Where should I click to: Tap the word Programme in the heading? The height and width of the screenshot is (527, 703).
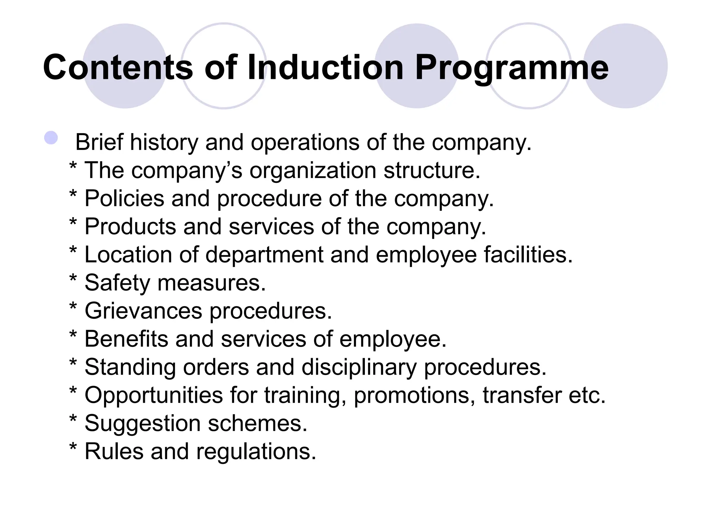pyautogui.click(x=511, y=68)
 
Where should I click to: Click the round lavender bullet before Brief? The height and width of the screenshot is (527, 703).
pyautogui.click(x=51, y=138)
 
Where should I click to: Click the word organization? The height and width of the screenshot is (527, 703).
pyautogui.click(x=313, y=171)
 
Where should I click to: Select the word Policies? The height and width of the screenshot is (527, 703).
pyautogui.click(x=124, y=198)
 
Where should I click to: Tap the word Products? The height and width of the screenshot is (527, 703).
pyautogui.click(x=130, y=226)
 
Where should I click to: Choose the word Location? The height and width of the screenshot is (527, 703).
pyautogui.click(x=128, y=255)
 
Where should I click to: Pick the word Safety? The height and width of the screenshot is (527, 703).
pyautogui.click(x=117, y=283)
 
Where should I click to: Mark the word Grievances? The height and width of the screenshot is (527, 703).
pyautogui.click(x=143, y=311)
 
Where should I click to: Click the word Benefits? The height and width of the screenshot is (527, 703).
pyautogui.click(x=126, y=339)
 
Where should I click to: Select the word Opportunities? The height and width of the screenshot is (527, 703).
pyautogui.click(x=154, y=395)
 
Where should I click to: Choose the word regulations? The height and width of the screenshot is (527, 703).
pyautogui.click(x=256, y=452)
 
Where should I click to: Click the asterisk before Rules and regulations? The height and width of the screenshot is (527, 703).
pyautogui.click(x=73, y=447)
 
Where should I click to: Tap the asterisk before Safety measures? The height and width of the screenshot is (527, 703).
pyautogui.click(x=73, y=279)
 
